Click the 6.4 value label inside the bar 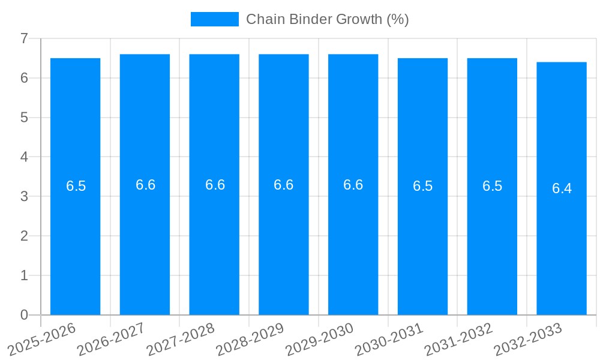click(562, 188)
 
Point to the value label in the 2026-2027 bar click(145, 185)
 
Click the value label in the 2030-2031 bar click(422, 186)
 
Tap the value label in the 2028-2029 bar click(283, 185)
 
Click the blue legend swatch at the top click(214, 19)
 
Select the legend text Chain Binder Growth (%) click(327, 19)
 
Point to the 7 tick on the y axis click(24, 38)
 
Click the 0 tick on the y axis click(24, 315)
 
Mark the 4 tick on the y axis click(24, 157)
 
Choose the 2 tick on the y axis click(24, 236)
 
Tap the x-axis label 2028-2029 click(251, 339)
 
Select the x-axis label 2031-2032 click(459, 339)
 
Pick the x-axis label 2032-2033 click(528, 339)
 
